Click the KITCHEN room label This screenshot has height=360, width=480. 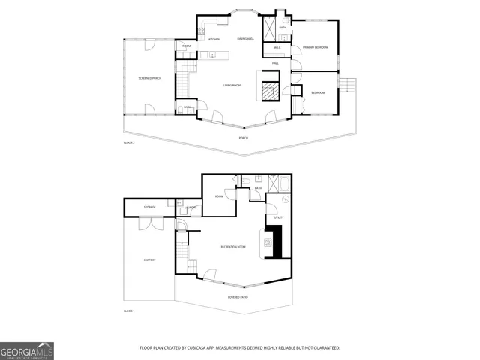[x=214, y=38]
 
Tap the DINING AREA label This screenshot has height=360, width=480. [x=245, y=38]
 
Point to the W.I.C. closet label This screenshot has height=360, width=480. [x=277, y=48]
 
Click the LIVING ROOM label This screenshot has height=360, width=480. [x=232, y=85]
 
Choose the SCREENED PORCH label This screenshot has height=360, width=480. [x=149, y=77]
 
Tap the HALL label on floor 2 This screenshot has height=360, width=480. [x=275, y=64]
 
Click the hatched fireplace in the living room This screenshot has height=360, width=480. [x=268, y=91]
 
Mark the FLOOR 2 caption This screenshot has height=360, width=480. [x=129, y=142]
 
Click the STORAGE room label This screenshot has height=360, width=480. [x=150, y=207]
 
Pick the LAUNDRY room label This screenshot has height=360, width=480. [x=190, y=208]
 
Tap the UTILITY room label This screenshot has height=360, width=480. [x=279, y=217]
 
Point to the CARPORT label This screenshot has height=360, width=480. [x=149, y=259]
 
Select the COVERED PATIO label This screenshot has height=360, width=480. [x=238, y=297]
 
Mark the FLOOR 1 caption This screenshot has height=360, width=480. [x=129, y=310]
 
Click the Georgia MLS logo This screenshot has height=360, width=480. [x=27, y=351]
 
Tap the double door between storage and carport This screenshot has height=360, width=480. [x=151, y=223]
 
